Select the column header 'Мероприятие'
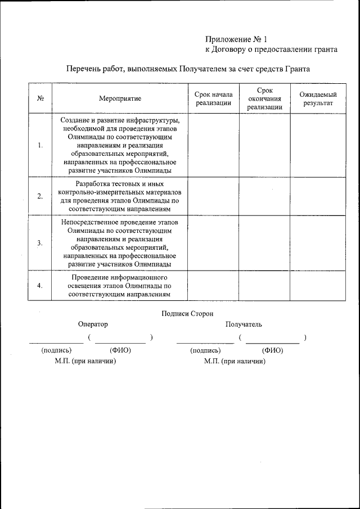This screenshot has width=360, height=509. point(120,98)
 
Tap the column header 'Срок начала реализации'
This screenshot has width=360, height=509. point(213,98)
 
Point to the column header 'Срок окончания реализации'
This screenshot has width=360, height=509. point(264,98)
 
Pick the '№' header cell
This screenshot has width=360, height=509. point(40,98)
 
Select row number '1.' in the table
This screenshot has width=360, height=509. point(40,145)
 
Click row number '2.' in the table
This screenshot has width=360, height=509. point(40,196)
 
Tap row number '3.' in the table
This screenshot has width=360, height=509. point(40,243)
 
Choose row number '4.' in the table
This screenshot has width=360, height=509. point(40,285)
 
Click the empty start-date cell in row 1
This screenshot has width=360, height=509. point(213,145)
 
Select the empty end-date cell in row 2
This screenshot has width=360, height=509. point(264,196)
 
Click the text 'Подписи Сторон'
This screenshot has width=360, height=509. point(187,314)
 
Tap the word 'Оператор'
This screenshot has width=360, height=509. point(93,325)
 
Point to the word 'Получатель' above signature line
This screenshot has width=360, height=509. point(244,325)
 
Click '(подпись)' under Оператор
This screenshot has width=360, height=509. point(57,350)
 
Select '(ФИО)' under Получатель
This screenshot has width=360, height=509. point(273,350)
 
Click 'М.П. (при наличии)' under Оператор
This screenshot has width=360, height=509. point(85,361)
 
